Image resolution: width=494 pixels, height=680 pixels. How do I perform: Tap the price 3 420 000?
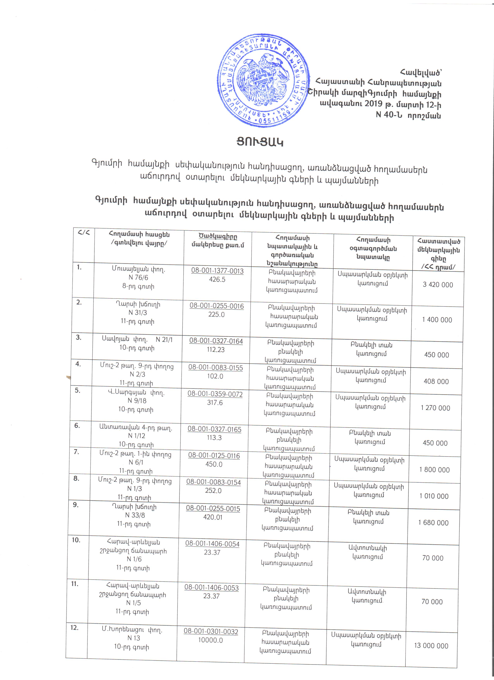click(438, 285)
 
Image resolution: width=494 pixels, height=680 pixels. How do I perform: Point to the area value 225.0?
click(216, 315)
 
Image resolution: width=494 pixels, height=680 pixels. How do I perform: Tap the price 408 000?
click(436, 381)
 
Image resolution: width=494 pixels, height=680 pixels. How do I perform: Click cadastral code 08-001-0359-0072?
click(215, 394)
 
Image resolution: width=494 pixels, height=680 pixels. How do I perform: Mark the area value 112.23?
click(216, 349)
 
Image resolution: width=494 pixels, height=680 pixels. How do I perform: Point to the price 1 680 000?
click(434, 523)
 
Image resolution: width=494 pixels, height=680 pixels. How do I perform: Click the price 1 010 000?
click(434, 496)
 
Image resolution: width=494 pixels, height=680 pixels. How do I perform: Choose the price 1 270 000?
click(435, 408)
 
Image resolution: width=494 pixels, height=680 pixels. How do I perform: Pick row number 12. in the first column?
click(75, 627)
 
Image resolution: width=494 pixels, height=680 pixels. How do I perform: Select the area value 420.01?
click(213, 517)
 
